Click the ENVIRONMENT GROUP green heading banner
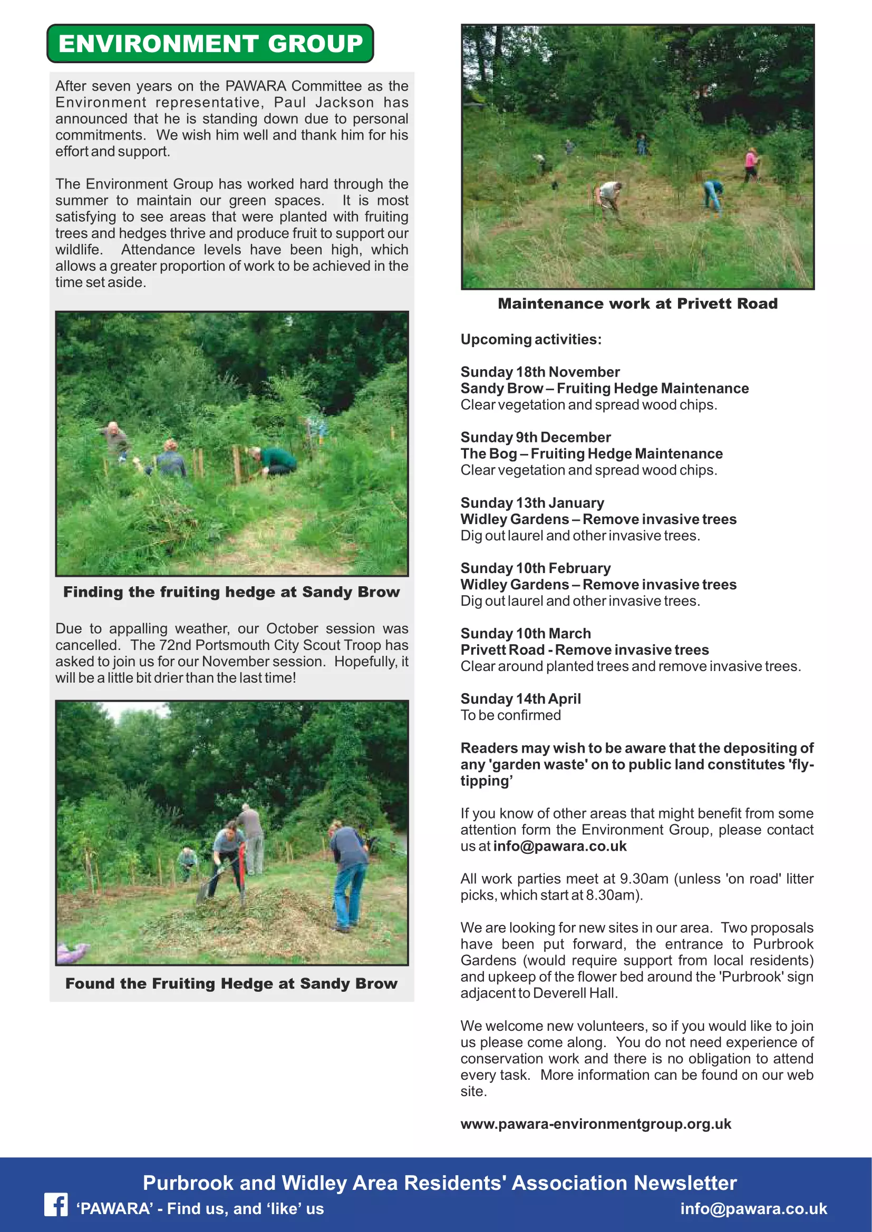click(x=210, y=44)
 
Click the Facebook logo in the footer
click(x=56, y=1205)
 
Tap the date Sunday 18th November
click(x=540, y=372)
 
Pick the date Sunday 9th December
click(x=535, y=437)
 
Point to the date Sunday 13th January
click(x=532, y=503)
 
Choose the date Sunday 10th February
click(x=535, y=568)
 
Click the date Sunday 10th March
click(x=525, y=633)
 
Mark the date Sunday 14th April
click(x=520, y=698)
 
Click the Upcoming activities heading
click(x=530, y=339)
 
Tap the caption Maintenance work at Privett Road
click(x=637, y=304)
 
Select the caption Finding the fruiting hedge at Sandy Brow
click(x=231, y=592)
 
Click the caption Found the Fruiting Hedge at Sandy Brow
click(x=231, y=983)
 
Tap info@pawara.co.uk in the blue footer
click(x=753, y=1208)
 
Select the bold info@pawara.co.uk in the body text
click(x=559, y=846)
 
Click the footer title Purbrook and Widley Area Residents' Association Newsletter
click(x=439, y=1182)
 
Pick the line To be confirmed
click(x=510, y=715)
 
